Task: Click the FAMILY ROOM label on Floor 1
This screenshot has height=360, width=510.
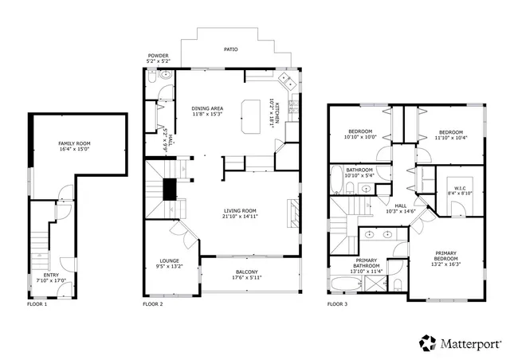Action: click(74, 143)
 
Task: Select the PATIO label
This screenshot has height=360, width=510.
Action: click(229, 49)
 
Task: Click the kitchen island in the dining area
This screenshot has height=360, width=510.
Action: click(251, 109)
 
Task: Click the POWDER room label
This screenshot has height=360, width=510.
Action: click(157, 57)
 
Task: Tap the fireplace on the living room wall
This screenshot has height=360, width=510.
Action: click(293, 213)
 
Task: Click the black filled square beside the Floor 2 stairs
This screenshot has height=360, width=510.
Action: click(169, 189)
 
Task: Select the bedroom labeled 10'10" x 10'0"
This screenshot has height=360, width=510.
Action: click(359, 133)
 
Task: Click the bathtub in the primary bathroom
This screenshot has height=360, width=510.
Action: click(345, 284)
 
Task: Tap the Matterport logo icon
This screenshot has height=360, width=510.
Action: click(428, 342)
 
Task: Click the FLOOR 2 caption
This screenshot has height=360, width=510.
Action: click(152, 304)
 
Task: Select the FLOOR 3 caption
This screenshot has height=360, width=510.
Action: click(338, 304)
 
